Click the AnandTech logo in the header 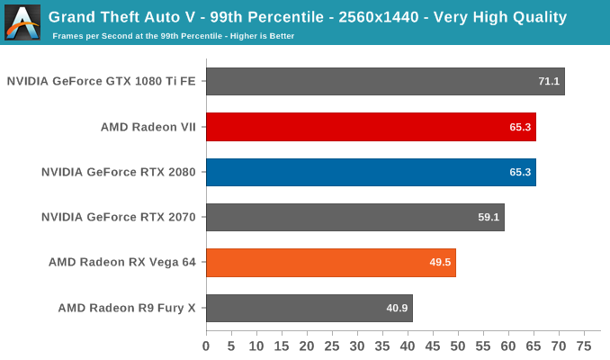[22, 22]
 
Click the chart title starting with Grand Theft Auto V [309, 16]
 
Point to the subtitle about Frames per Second [174, 36]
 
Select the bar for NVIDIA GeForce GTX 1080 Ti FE [385, 81]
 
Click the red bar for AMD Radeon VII [371, 127]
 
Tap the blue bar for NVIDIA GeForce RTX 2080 [371, 172]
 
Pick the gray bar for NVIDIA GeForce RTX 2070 [354, 217]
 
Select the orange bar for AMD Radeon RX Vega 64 [330, 263]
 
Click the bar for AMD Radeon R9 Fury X [309, 308]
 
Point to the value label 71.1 [549, 82]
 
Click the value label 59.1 [489, 217]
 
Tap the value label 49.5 [440, 263]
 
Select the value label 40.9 [397, 308]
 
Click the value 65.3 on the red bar [520, 127]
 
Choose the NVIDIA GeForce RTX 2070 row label [119, 217]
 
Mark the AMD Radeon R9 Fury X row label [127, 308]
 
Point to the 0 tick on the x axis [206, 346]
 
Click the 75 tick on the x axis [583, 346]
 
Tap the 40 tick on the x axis [407, 346]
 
